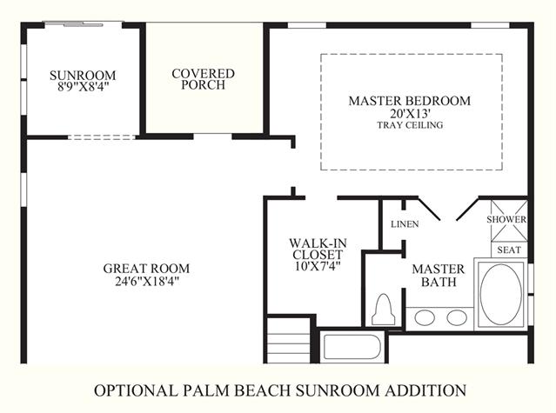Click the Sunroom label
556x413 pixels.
[x=83, y=75]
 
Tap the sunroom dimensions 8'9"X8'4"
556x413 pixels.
[x=83, y=86]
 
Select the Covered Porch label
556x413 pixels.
[x=204, y=79]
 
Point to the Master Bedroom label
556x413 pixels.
[x=410, y=101]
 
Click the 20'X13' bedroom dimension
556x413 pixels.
[x=410, y=114]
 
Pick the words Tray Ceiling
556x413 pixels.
[x=410, y=125]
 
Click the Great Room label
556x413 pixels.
[x=146, y=269]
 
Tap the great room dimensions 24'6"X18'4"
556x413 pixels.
[x=147, y=281]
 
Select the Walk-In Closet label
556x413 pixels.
[x=318, y=249]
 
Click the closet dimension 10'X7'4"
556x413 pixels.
[x=318, y=266]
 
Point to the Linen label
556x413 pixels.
[x=405, y=224]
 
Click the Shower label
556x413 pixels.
[x=506, y=219]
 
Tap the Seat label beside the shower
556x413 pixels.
[x=509, y=250]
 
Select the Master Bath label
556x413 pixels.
[x=439, y=276]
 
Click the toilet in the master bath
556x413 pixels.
[x=383, y=310]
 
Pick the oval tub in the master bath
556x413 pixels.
[x=501, y=295]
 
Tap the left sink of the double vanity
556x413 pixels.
[x=425, y=317]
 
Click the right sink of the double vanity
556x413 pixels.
[x=457, y=317]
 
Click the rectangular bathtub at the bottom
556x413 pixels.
[x=352, y=347]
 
